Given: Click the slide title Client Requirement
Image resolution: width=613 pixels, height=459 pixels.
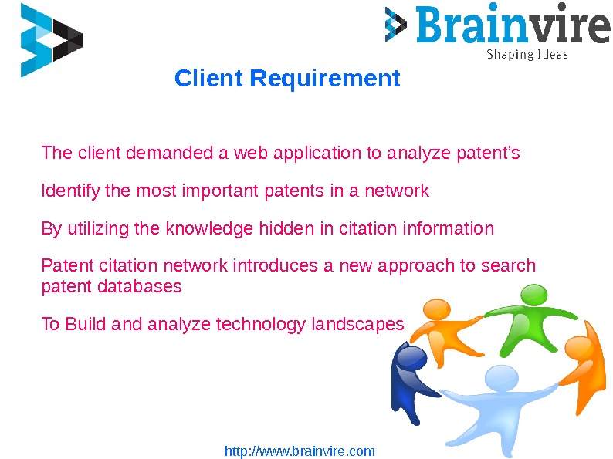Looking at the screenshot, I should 287,79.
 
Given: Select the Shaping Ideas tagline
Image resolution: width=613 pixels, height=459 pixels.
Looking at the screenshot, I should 527,55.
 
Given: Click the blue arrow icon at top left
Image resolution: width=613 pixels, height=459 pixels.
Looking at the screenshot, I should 51,40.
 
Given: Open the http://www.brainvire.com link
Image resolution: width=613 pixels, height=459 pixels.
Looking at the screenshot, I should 300,451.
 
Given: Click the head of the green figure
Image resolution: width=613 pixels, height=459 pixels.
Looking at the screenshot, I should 533,295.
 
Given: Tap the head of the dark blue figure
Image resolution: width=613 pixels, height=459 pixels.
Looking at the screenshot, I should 410,358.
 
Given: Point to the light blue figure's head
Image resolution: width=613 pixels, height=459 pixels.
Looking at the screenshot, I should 503,379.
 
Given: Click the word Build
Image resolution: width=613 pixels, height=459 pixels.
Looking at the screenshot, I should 86,325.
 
